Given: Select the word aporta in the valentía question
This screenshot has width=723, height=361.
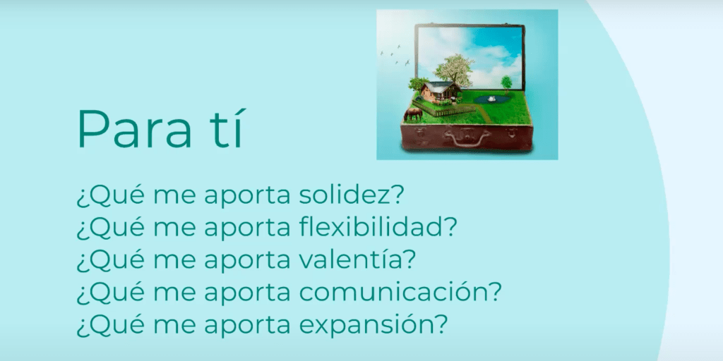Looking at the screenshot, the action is (247, 262).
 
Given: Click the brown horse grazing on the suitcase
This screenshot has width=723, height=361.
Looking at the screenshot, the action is (412, 114).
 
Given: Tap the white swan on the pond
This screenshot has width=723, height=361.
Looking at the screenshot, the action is (492, 97).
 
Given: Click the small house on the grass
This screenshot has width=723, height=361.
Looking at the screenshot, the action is (441, 92).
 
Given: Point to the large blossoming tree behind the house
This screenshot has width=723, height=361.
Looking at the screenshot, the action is (454, 71).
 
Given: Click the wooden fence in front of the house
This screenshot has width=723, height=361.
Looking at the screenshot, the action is (443, 109).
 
